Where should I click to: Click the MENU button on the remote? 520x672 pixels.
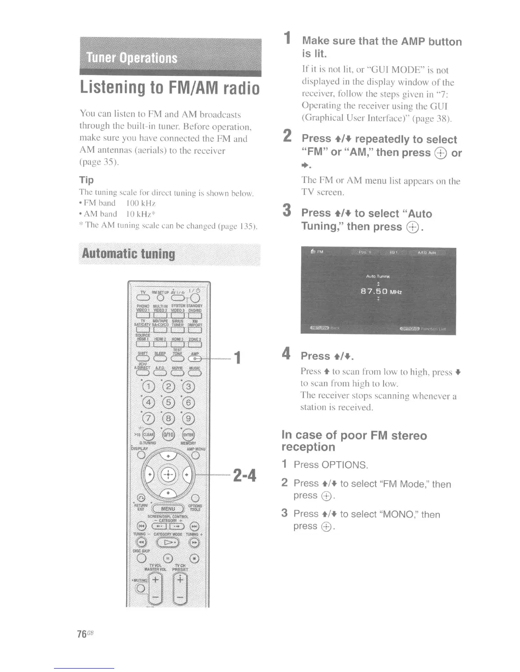click(x=168, y=508)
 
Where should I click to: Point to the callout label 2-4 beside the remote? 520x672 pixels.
click(x=244, y=475)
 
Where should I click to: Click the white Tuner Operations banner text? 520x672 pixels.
click(x=132, y=58)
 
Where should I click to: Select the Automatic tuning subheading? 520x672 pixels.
click(x=128, y=254)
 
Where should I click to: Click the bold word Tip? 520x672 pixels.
click(x=87, y=180)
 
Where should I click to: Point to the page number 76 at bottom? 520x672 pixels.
click(x=82, y=634)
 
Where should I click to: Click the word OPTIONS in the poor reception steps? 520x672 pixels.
click(x=344, y=465)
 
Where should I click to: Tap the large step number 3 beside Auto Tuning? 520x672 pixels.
click(x=288, y=210)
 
